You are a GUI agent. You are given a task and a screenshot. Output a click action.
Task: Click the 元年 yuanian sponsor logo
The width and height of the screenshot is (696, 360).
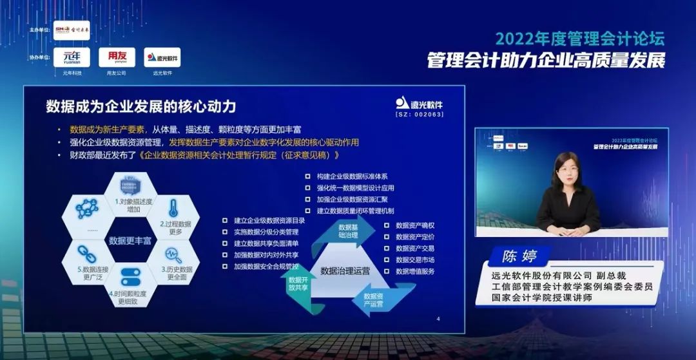tap(72, 57)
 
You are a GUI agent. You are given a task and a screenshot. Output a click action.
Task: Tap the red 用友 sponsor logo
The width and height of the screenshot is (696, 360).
tap(117, 57)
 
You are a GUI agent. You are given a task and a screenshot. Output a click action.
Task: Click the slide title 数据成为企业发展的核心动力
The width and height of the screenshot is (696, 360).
tap(150, 106)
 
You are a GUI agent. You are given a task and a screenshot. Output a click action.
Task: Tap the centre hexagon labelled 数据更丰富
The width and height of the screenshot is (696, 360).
tap(130, 240)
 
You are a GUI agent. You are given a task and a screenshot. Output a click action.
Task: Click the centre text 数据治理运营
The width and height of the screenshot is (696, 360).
tap(345, 270)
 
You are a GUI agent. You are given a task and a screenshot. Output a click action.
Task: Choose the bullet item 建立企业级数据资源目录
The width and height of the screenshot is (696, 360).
tap(269, 220)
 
